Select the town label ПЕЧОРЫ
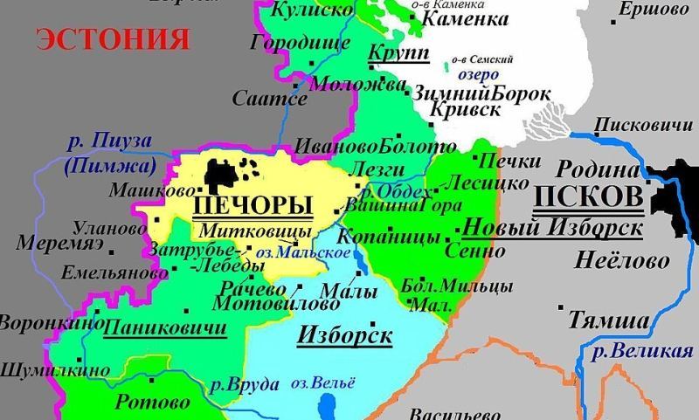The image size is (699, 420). click(251, 206)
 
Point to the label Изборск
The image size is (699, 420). click(344, 334)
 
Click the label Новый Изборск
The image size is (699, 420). click(552, 228)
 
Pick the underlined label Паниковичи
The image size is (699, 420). click(165, 329)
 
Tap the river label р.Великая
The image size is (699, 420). click(641, 353)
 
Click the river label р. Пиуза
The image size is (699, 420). click(109, 141)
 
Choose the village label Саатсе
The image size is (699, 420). click(270, 99)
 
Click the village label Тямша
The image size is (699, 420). click(610, 320)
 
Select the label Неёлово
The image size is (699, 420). click(621, 260)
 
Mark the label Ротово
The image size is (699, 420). click(152, 403)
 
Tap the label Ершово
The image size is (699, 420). click(654, 10)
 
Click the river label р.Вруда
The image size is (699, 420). click(245, 384)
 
